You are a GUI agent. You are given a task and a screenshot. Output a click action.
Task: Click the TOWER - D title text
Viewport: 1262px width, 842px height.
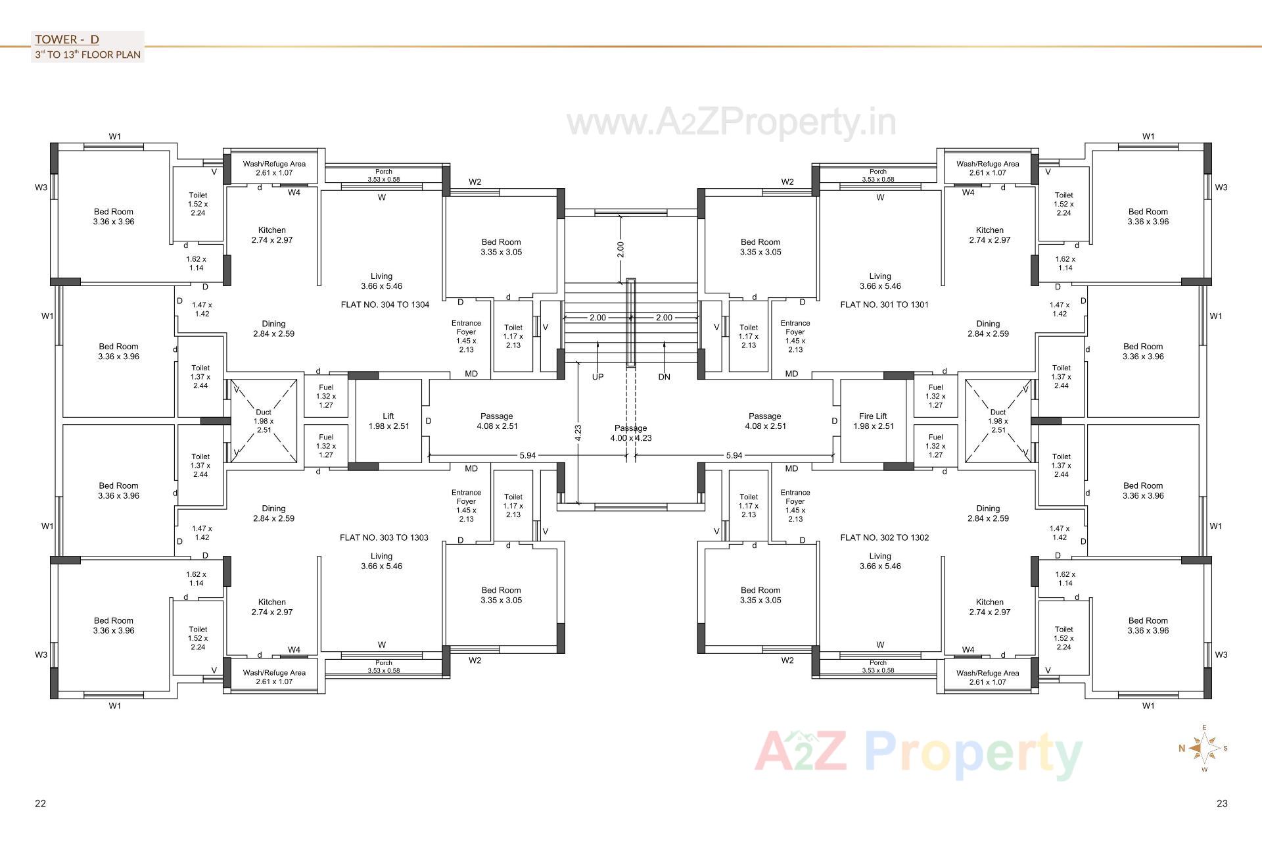(x=67, y=39)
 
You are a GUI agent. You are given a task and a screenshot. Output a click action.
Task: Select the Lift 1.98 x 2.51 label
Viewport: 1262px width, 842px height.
(x=388, y=421)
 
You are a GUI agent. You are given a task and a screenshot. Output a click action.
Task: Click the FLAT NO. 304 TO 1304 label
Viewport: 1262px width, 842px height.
(x=385, y=305)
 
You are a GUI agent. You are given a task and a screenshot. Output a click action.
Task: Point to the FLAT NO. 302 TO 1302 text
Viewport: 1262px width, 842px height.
(x=884, y=537)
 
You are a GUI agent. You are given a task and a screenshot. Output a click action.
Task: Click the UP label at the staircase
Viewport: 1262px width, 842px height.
(x=597, y=377)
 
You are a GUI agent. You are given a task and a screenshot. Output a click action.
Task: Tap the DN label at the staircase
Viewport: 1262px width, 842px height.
(x=664, y=377)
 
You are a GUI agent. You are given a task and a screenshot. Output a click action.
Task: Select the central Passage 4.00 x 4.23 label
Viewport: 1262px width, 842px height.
(x=630, y=433)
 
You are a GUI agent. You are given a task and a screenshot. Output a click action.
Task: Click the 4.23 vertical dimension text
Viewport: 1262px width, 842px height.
(x=578, y=432)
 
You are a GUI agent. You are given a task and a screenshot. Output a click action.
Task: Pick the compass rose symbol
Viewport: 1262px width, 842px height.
(x=1204, y=748)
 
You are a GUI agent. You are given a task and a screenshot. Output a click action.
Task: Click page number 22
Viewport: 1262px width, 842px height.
(x=40, y=803)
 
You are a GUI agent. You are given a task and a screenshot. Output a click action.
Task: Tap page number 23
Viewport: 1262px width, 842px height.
(x=1222, y=803)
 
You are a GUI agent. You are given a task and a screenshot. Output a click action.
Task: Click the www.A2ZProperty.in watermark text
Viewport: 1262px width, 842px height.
(x=731, y=122)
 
